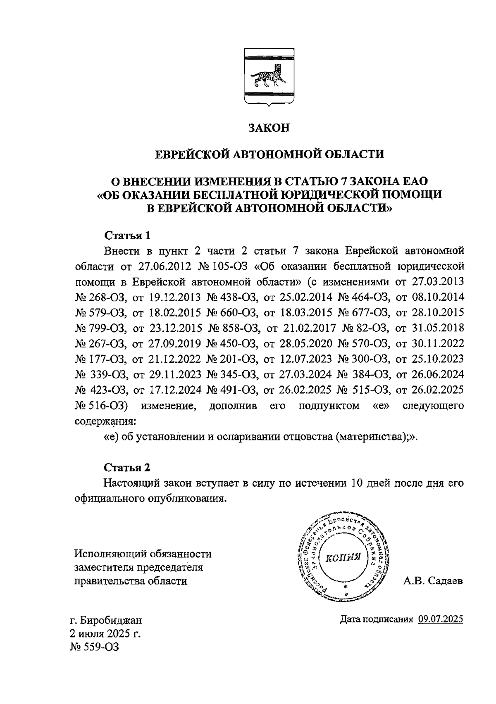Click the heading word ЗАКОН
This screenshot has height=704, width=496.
tap(269, 128)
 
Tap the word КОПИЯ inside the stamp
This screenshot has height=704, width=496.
tap(343, 559)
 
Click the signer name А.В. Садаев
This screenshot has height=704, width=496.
tap(433, 581)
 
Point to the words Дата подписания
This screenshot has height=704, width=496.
tap(376, 619)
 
